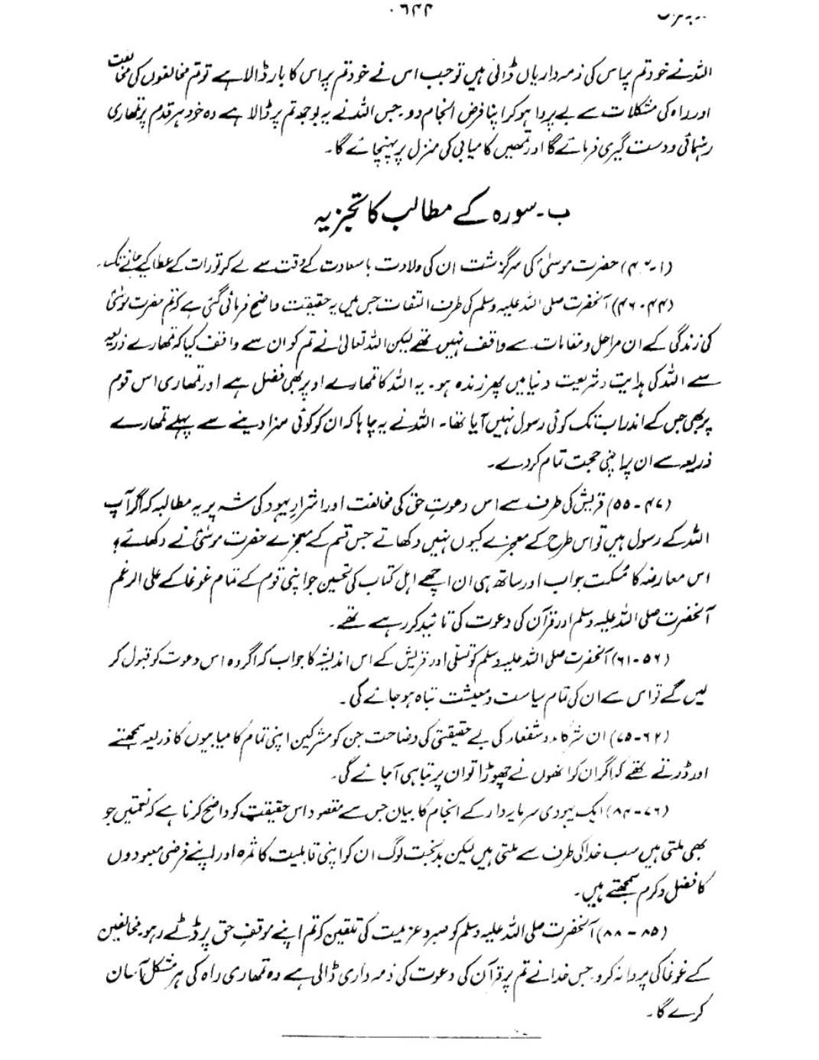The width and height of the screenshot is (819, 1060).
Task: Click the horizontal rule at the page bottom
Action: (411, 1036)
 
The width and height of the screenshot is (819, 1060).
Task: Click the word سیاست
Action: (505, 697)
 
